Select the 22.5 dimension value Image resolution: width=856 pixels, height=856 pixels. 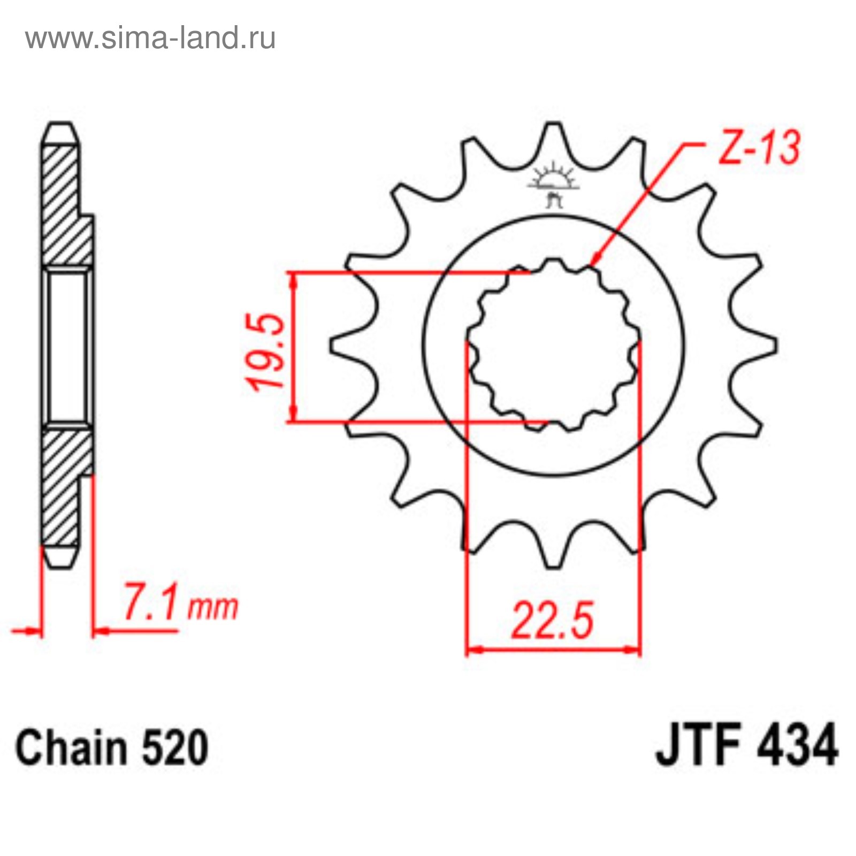point(552,621)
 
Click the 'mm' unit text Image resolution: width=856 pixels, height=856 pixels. point(212,608)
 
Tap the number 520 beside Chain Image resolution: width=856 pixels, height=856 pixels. point(174,747)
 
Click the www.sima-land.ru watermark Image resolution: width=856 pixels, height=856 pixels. point(150,38)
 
